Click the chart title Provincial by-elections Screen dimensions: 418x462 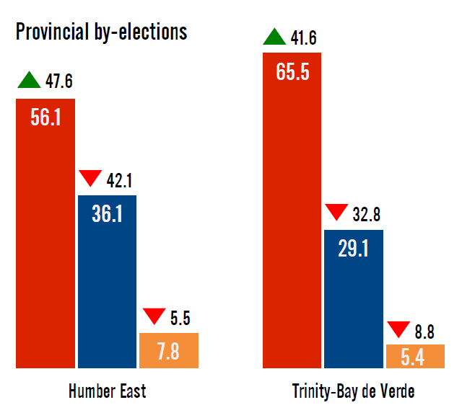(x=101, y=32)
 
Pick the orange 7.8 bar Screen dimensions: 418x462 (x=168, y=351)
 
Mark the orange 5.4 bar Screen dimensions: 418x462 (x=414, y=356)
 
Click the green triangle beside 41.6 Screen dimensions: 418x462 (x=275, y=36)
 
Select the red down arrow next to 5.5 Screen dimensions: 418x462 (x=154, y=316)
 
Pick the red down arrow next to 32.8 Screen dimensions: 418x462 (x=337, y=213)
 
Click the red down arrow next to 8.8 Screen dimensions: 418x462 (x=398, y=329)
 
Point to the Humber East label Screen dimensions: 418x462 (x=107, y=391)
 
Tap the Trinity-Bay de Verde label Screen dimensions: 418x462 (x=353, y=391)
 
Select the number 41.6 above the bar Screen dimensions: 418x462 (x=303, y=37)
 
